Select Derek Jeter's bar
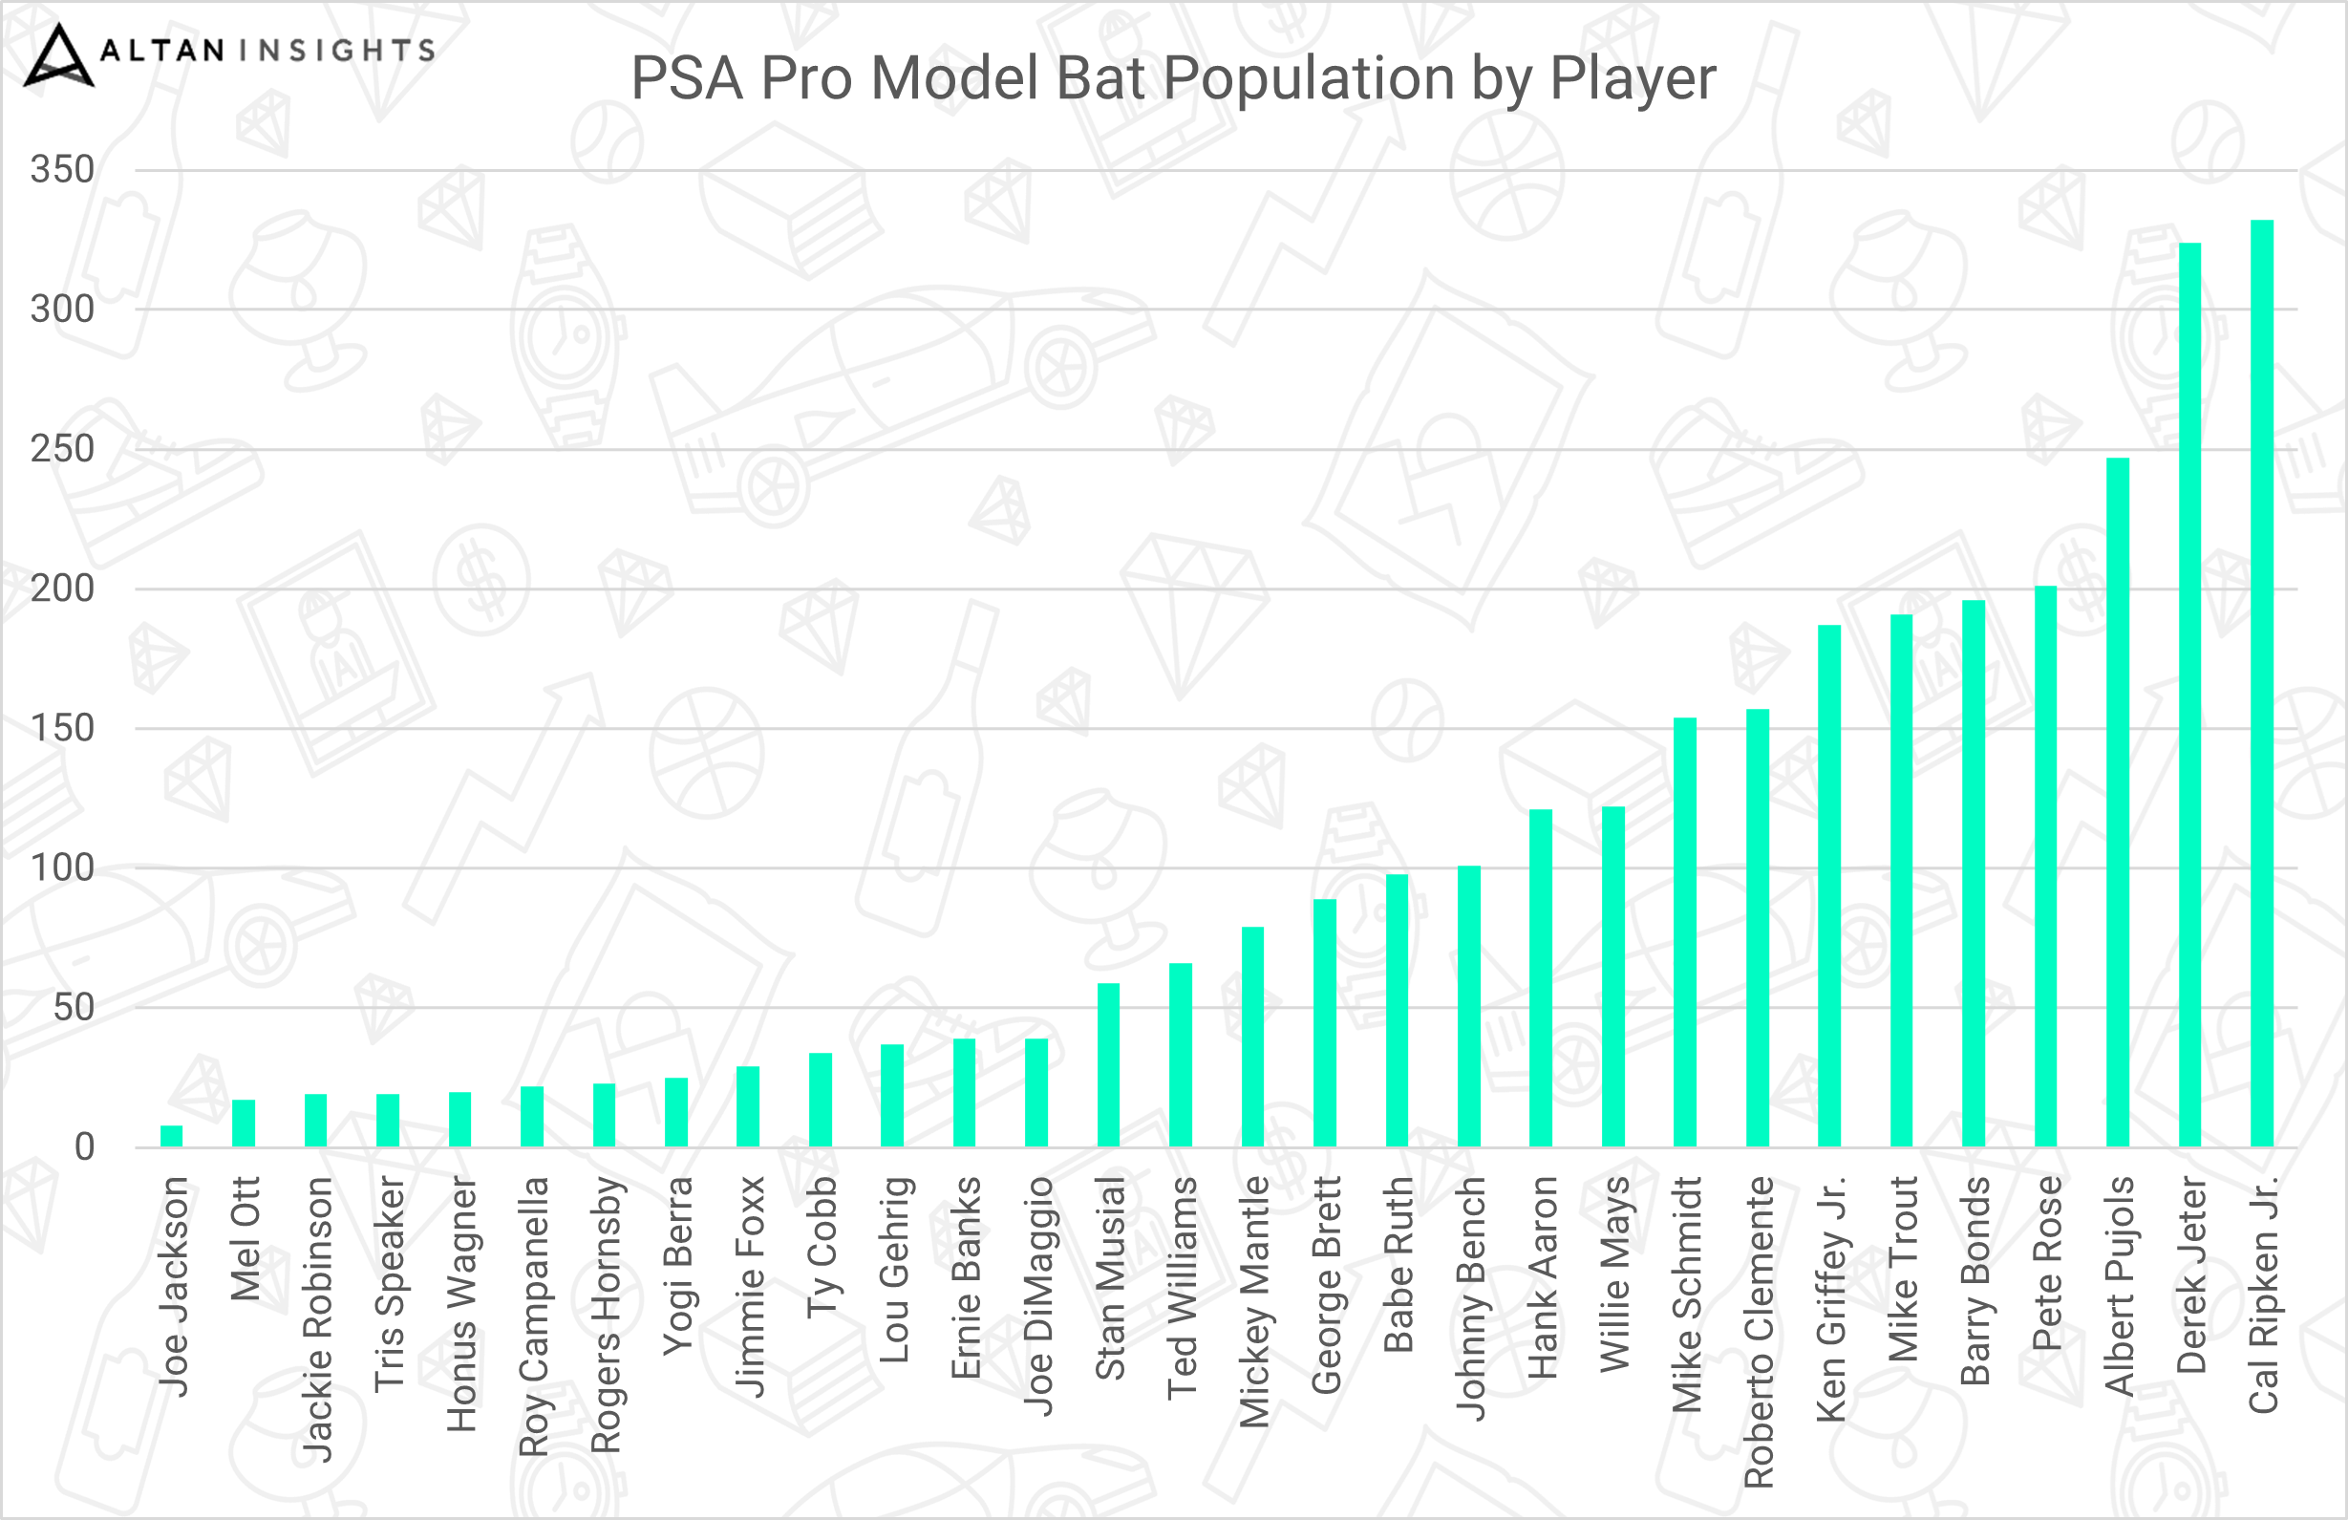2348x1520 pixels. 2189,695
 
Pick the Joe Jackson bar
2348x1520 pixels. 172,1135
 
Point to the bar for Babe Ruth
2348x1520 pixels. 1397,1010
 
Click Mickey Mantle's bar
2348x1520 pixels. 1253,1037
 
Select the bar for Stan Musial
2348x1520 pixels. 1109,1064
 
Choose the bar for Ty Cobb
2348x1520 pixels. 820,1099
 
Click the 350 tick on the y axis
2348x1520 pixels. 62,170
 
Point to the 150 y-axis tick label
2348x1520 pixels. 62,729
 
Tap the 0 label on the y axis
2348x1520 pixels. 84,1147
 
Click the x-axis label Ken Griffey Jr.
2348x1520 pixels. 1831,1298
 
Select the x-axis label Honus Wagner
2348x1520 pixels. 461,1303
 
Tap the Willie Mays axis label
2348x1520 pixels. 1615,1274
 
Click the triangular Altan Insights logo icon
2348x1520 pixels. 58,56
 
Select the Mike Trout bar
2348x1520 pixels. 1901,880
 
